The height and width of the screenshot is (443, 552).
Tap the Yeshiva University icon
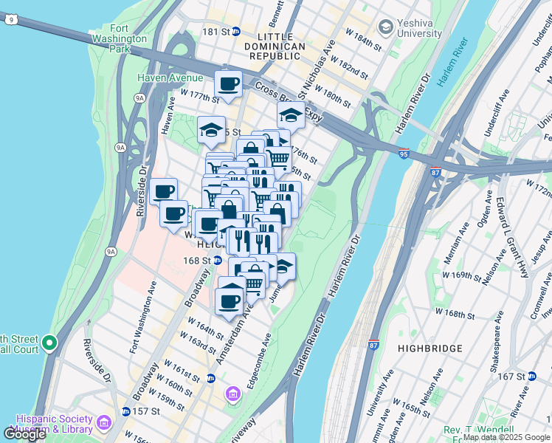click(x=384, y=27)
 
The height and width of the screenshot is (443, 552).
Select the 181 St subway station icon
click(x=236, y=32)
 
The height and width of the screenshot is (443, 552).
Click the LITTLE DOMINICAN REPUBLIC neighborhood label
click(x=280, y=41)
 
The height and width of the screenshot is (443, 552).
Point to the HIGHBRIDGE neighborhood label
click(x=429, y=348)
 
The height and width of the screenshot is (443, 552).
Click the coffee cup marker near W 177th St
click(x=228, y=84)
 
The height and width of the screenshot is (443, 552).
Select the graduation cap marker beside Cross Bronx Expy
click(x=291, y=116)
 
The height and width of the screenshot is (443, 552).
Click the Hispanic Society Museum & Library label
click(x=53, y=423)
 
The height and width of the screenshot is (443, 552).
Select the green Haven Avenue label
click(x=170, y=78)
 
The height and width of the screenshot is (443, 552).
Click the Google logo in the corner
click(x=24, y=434)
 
